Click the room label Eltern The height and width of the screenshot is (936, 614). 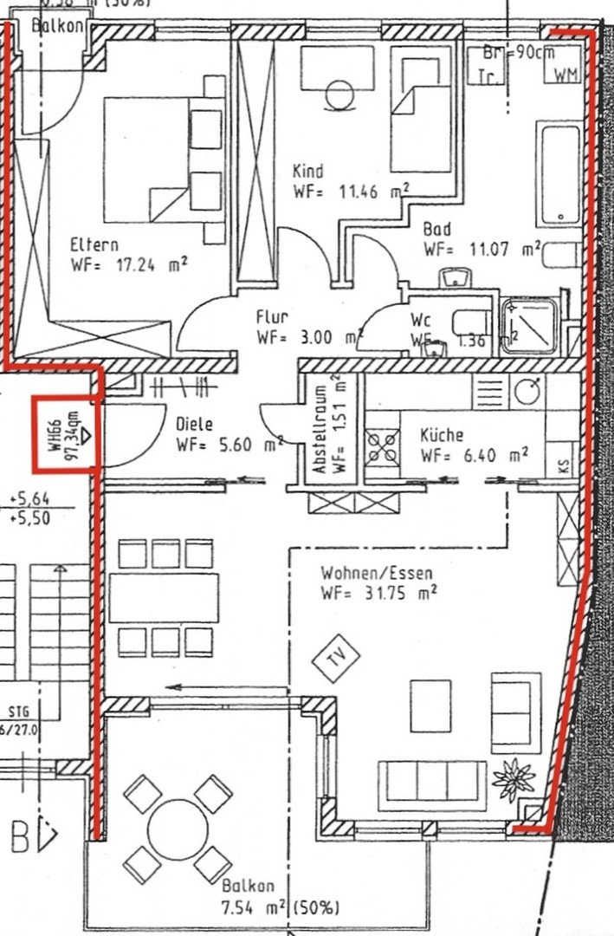(94, 245)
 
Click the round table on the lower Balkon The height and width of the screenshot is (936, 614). (178, 828)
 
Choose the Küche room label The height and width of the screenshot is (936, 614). (442, 435)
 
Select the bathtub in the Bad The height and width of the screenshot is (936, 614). (559, 173)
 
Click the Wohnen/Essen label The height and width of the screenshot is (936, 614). (376, 573)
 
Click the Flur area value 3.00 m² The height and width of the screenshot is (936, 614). (307, 337)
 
